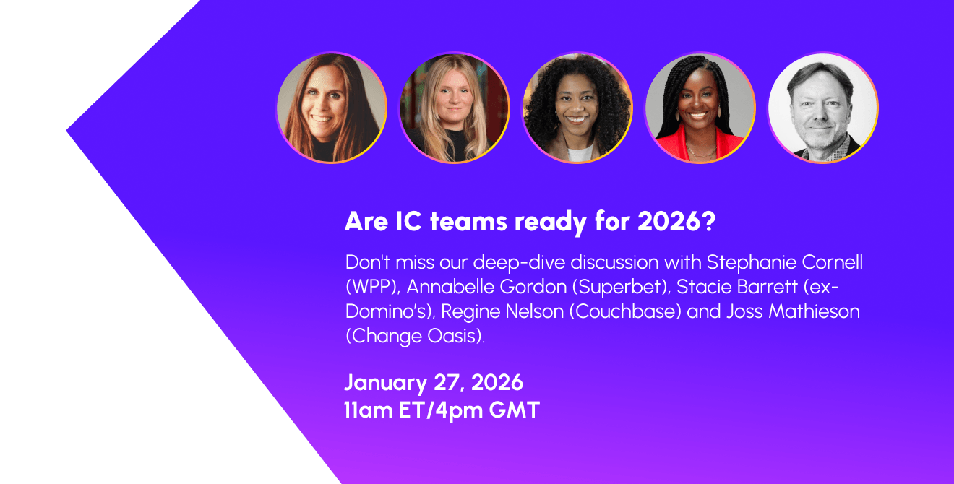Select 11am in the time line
(370, 410)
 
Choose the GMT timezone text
(514, 410)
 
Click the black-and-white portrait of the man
(822, 108)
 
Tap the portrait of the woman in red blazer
(700, 108)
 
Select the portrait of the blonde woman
(455, 108)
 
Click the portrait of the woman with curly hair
(577, 108)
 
